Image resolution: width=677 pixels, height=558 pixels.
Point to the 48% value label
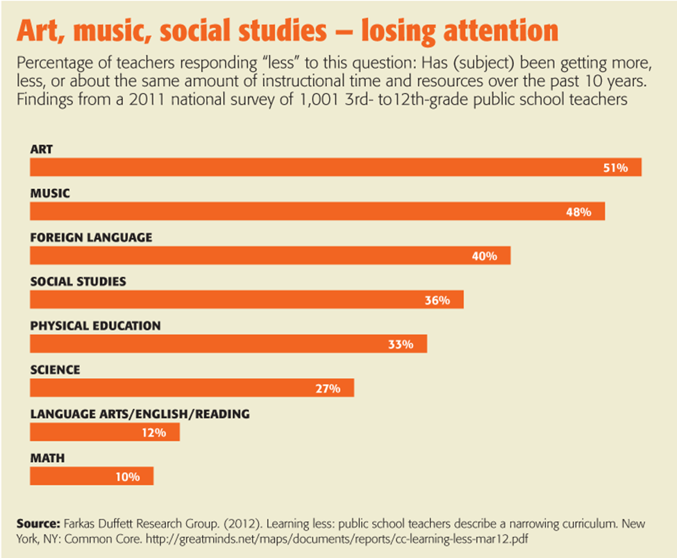pos(578,212)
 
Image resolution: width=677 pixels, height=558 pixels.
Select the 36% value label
pos(437,300)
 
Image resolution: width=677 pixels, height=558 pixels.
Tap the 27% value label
pos(328,388)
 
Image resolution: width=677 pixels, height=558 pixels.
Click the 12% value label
pos(153,432)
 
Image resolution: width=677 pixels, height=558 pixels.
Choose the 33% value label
pos(401,344)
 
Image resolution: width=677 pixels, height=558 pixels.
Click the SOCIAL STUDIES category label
pos(78,281)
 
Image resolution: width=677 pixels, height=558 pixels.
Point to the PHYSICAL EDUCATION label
pos(95,325)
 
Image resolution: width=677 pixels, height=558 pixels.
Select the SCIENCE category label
pos(55,370)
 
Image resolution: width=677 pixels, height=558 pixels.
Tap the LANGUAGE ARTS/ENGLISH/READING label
pos(140,414)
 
